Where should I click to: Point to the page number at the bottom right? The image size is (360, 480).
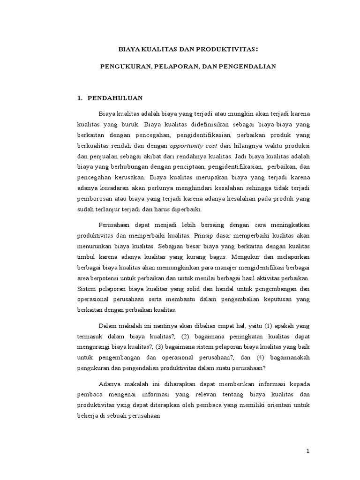308,451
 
